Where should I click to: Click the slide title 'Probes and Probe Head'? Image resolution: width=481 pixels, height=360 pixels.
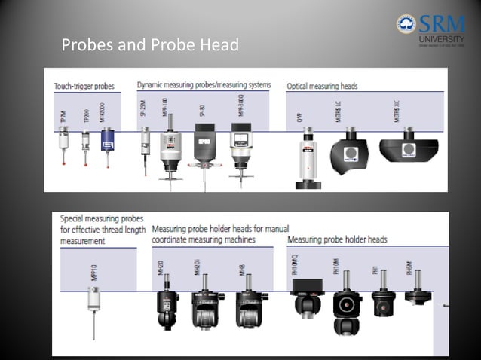click(x=149, y=45)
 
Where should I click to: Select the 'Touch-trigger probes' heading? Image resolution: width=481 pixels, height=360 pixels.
click(x=84, y=86)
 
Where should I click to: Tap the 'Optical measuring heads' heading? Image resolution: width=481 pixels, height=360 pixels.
click(x=322, y=86)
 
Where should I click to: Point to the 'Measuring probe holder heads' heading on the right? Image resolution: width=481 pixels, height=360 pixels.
click(x=337, y=239)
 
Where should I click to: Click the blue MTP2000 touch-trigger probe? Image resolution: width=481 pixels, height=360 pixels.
click(x=107, y=142)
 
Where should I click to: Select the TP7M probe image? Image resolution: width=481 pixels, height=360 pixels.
click(x=65, y=145)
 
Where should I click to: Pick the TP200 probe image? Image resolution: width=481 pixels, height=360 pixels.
click(x=85, y=145)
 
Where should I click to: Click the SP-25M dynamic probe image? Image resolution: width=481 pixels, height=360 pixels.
click(x=145, y=147)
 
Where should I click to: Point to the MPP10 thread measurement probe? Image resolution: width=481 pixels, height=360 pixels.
click(x=94, y=305)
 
